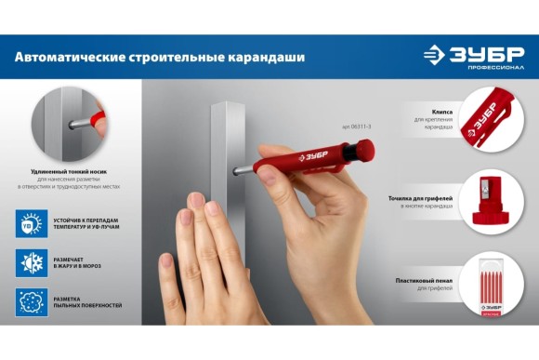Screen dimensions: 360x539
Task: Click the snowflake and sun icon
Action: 31,263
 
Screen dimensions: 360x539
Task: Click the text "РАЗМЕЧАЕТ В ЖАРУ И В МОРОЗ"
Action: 84,263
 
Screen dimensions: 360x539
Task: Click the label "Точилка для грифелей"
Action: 421,199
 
